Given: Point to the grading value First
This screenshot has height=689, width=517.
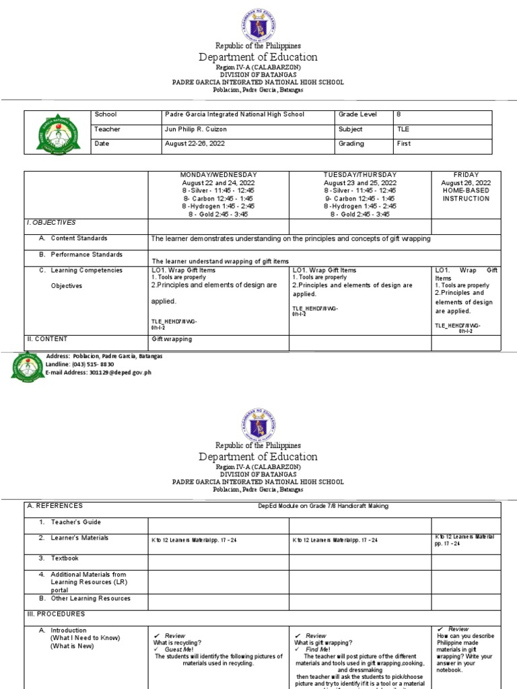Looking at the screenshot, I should pos(405,143).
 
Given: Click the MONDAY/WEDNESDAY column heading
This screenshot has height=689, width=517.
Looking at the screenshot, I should pos(219,175).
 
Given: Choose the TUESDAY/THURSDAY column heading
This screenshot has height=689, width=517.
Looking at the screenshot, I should pos(360,175).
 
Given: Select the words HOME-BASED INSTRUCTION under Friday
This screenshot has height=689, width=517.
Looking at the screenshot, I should pos(466,194).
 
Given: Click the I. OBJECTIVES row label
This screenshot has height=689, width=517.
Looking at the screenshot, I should pos(52,222).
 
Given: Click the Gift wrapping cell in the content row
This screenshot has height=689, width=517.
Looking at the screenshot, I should pos(172,339).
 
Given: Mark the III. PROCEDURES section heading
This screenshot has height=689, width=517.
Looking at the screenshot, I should pos(57,614).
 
